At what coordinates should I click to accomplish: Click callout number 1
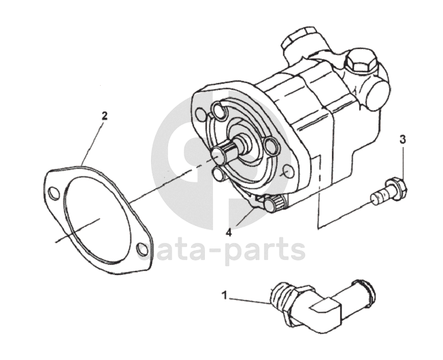pyautogui.click(x=225, y=296)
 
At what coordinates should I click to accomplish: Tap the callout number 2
pyautogui.click(x=105, y=116)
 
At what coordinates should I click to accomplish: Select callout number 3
pyautogui.click(x=402, y=139)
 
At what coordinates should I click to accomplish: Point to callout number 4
pyautogui.click(x=229, y=232)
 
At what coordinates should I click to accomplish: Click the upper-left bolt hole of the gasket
pyautogui.click(x=54, y=193)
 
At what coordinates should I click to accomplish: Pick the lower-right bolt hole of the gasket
pyautogui.click(x=142, y=249)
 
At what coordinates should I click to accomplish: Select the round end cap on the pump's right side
pyautogui.click(x=376, y=95)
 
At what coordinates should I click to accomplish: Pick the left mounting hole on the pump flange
pyautogui.click(x=201, y=114)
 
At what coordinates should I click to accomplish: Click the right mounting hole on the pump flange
pyautogui.click(x=289, y=171)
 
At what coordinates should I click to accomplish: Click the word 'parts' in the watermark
pyautogui.click(x=265, y=250)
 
